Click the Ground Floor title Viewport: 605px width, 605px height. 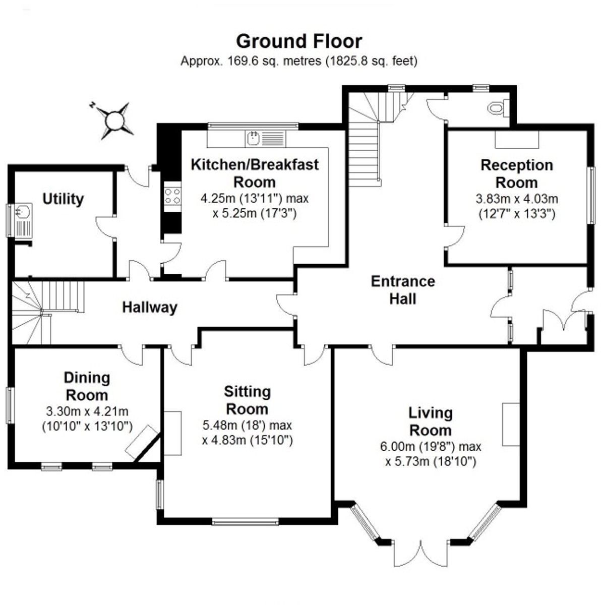click(299, 41)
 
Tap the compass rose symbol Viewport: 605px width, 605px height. click(114, 120)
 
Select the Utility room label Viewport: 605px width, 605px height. click(63, 199)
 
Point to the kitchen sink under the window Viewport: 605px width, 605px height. click(254, 138)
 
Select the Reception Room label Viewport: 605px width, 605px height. click(516, 173)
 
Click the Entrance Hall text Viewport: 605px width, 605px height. click(403, 290)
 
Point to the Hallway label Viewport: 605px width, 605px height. click(150, 308)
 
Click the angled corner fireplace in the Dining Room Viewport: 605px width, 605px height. click(142, 442)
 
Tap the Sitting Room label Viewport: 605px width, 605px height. click(247, 400)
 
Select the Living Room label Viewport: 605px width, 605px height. click(430, 421)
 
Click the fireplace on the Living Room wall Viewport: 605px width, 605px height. click(511, 424)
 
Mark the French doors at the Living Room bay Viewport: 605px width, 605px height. click(421, 554)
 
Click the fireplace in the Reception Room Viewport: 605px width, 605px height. click(516, 139)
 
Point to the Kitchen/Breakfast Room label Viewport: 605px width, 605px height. click(255, 173)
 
